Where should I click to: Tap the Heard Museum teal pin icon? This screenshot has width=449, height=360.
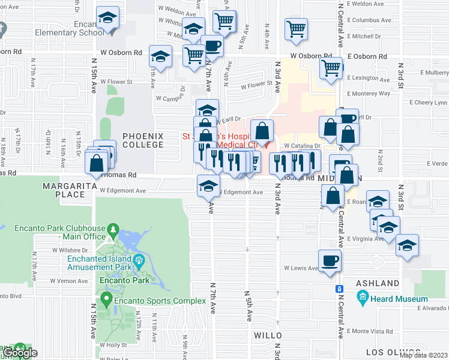pyautogui.click(x=362, y=298)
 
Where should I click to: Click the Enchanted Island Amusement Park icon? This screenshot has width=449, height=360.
pyautogui.click(x=139, y=260)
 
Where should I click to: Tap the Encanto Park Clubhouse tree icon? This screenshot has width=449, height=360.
pyautogui.click(x=112, y=229)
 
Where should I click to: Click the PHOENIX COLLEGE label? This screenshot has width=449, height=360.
pyautogui.click(x=143, y=140)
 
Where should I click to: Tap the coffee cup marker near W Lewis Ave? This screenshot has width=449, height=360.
pyautogui.click(x=330, y=260)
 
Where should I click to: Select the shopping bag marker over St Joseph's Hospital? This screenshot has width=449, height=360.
pyautogui.click(x=262, y=130)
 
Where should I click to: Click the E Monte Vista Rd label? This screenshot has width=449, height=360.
pyautogui.click(x=370, y=331)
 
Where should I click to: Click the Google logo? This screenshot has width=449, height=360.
pyautogui.click(x=20, y=353)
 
